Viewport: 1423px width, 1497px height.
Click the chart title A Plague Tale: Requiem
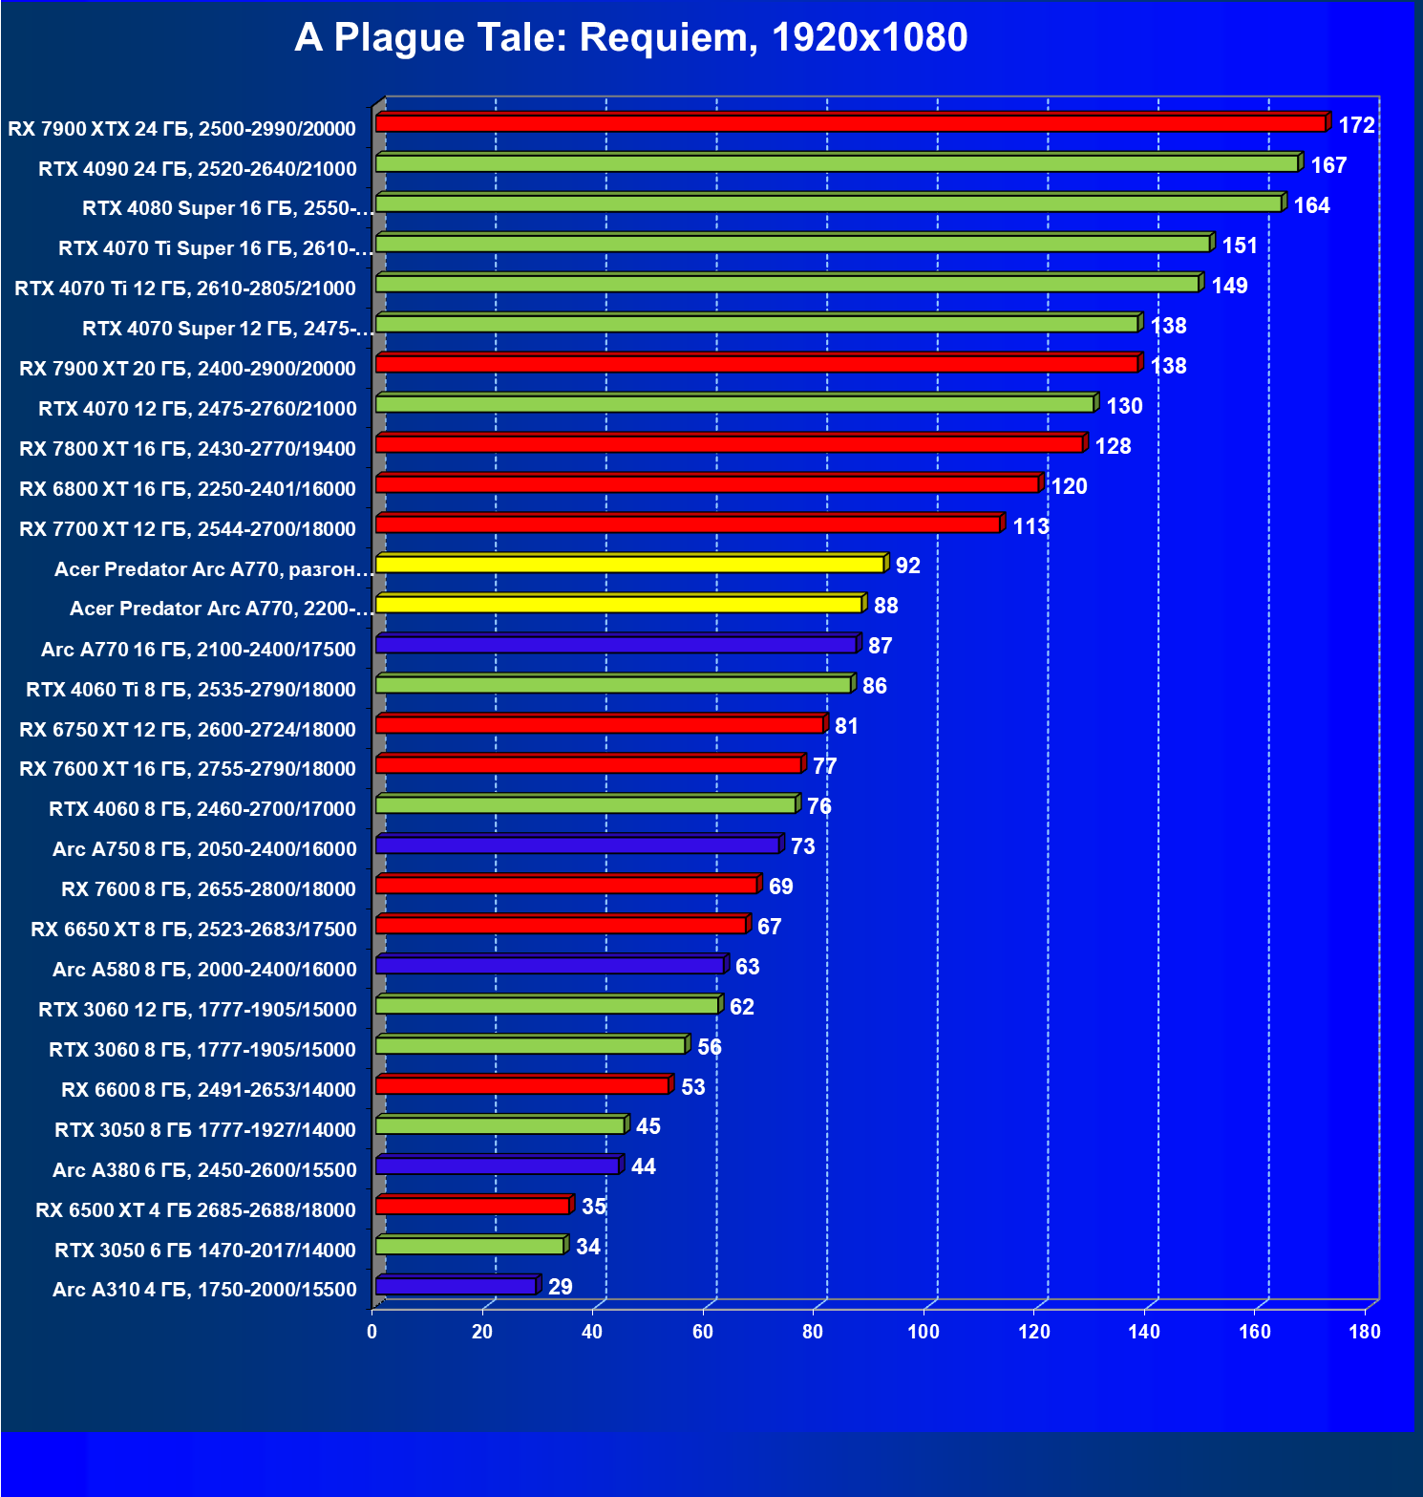point(630,38)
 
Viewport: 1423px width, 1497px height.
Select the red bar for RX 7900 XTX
point(850,124)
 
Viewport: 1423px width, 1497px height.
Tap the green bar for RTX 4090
point(837,164)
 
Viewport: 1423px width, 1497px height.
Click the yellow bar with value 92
point(630,565)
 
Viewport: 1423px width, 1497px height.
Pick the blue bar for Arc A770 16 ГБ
point(616,645)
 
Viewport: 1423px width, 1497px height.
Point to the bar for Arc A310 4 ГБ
point(457,1287)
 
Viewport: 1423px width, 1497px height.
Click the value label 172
point(1356,125)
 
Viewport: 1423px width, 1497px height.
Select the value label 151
point(1240,246)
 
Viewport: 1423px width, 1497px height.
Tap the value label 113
point(1030,526)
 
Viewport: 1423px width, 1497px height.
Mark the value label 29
point(561,1287)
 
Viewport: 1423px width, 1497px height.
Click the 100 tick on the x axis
point(924,1332)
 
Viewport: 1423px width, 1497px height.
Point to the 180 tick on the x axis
point(1365,1332)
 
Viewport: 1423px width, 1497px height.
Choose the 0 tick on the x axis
point(372,1332)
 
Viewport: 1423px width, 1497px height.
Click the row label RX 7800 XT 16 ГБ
point(187,449)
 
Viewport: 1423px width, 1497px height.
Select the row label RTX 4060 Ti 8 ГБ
point(191,690)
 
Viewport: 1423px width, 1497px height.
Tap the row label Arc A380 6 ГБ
point(204,1170)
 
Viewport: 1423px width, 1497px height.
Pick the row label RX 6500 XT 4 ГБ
point(196,1210)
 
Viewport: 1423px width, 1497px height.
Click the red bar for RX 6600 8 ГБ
point(522,1085)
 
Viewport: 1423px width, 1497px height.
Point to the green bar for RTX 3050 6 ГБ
point(470,1246)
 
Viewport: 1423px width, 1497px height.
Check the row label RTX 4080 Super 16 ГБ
point(227,208)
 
